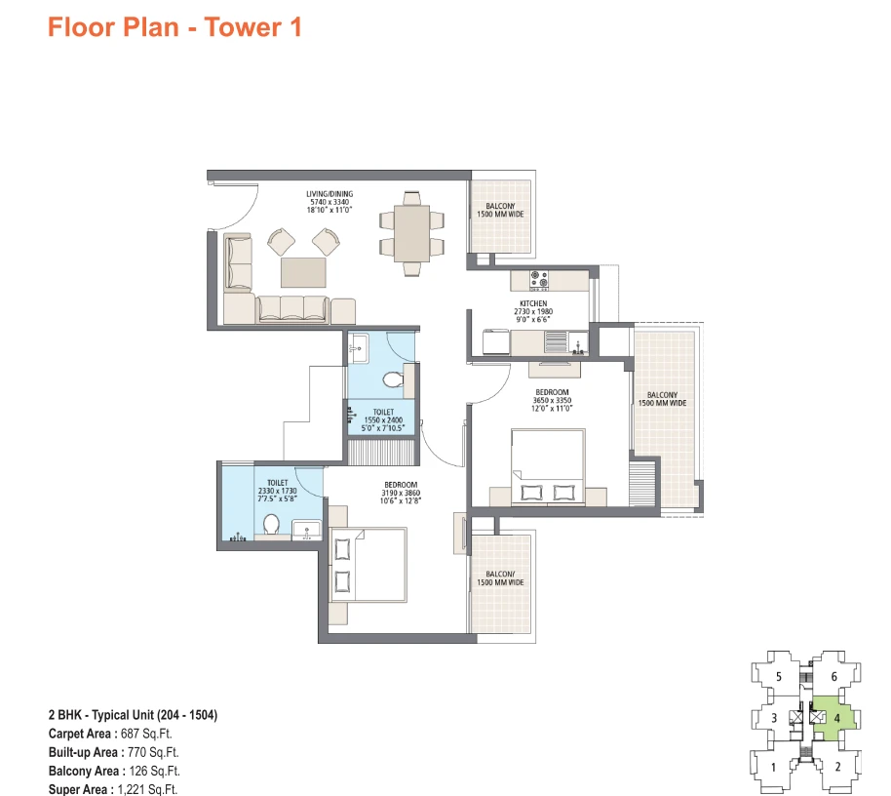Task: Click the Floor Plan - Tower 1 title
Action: pos(174,27)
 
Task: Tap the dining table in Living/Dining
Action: pos(412,234)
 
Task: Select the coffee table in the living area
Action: pos(303,272)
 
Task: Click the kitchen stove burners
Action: pos(539,280)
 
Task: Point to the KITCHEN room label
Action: pos(533,303)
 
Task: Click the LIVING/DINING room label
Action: pos(329,194)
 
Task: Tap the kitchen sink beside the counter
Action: pos(557,342)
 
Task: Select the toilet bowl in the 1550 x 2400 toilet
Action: pos(393,378)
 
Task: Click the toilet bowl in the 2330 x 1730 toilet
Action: pos(271,524)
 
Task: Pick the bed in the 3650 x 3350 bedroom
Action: pos(549,467)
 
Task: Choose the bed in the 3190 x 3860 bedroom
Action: pos(368,565)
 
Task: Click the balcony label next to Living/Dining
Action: pos(501,211)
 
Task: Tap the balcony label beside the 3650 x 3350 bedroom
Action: pos(663,399)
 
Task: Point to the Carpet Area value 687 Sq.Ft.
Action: pos(146,734)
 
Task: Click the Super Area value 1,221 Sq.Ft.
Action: pos(147,790)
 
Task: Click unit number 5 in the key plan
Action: pos(779,677)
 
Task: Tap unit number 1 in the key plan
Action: pos(773,768)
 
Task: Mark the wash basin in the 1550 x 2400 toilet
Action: pos(358,347)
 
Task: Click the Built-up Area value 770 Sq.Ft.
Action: pos(153,752)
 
